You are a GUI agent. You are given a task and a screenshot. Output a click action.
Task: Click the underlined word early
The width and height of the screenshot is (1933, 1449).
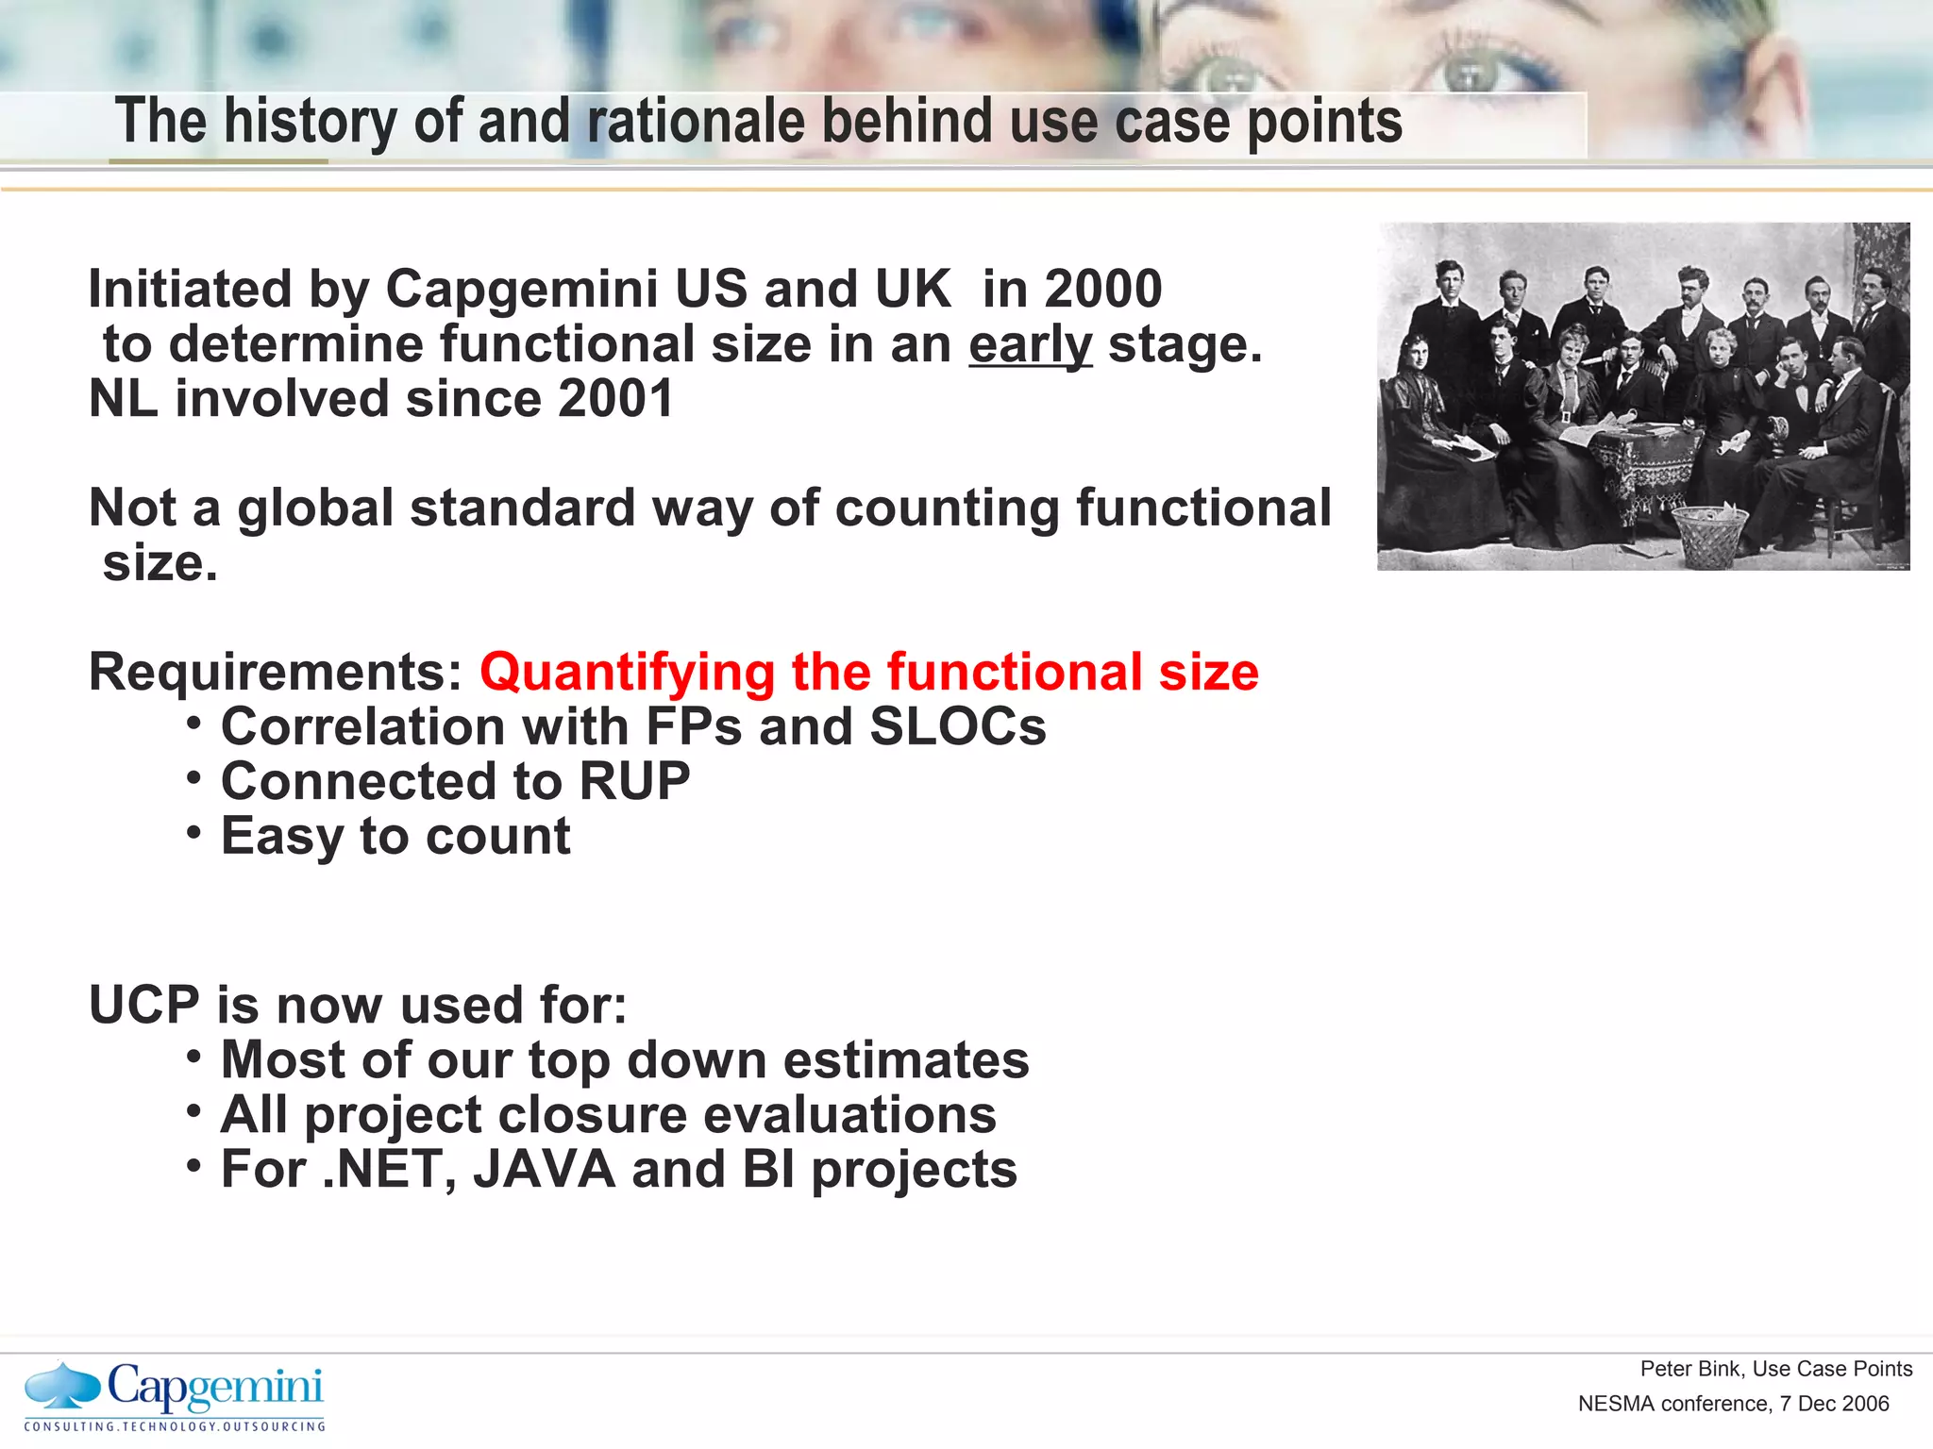[1030, 345]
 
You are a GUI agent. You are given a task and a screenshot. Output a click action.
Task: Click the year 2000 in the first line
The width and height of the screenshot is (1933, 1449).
[1103, 290]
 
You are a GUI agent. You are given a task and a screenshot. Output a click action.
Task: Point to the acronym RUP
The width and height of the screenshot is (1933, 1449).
[634, 782]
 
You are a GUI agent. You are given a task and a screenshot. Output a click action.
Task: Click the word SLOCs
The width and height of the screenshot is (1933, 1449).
[957, 727]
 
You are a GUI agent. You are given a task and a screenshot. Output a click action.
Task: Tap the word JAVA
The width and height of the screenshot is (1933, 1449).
[545, 1170]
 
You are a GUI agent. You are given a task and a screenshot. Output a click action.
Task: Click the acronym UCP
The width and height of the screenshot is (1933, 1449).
[143, 1006]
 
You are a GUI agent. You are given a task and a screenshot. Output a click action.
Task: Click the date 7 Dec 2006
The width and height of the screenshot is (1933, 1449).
[1835, 1404]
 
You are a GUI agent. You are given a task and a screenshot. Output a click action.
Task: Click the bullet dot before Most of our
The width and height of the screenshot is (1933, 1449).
[193, 1057]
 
